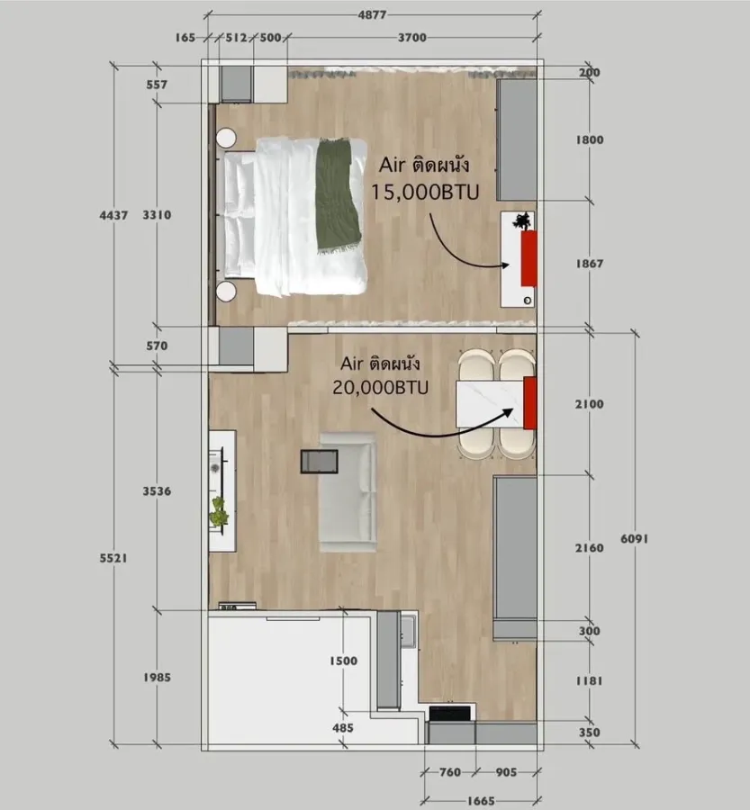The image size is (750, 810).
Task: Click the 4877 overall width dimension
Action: tap(372, 15)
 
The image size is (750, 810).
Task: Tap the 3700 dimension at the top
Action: tap(412, 38)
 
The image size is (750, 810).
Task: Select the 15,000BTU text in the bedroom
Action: tap(425, 193)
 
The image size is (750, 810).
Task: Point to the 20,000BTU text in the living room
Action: tap(381, 387)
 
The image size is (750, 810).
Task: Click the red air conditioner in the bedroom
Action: tap(529, 258)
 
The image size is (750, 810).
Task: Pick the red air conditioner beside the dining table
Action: tap(530, 403)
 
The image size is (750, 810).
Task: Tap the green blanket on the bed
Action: tap(339, 196)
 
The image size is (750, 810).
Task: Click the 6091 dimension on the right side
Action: tap(634, 539)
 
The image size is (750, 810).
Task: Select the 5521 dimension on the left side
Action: tap(113, 558)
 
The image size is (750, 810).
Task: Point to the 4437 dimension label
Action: tap(113, 215)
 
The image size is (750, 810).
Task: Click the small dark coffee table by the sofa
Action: tap(320, 461)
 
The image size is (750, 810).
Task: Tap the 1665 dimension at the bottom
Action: tap(481, 801)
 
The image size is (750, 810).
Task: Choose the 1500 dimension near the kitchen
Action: tap(343, 661)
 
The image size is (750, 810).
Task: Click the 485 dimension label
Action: tap(343, 728)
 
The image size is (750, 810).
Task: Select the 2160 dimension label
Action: tap(589, 547)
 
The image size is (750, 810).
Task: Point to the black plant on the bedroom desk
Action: tap(521, 220)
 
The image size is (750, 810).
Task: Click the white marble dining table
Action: tap(491, 404)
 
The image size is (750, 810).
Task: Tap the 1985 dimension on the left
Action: tap(157, 677)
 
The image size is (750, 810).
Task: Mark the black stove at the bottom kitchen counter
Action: tap(450, 714)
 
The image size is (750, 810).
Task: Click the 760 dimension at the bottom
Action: tap(449, 772)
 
